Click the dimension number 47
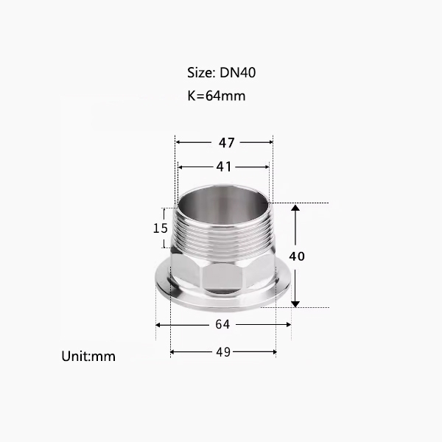[x=226, y=143]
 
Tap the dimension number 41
[x=224, y=167]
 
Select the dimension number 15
[x=161, y=228]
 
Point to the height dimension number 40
[x=297, y=256]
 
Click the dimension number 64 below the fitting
[x=222, y=325]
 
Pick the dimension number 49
[x=223, y=352]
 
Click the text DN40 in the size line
[x=238, y=72]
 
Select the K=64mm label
[x=216, y=96]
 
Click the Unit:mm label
[x=88, y=357]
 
